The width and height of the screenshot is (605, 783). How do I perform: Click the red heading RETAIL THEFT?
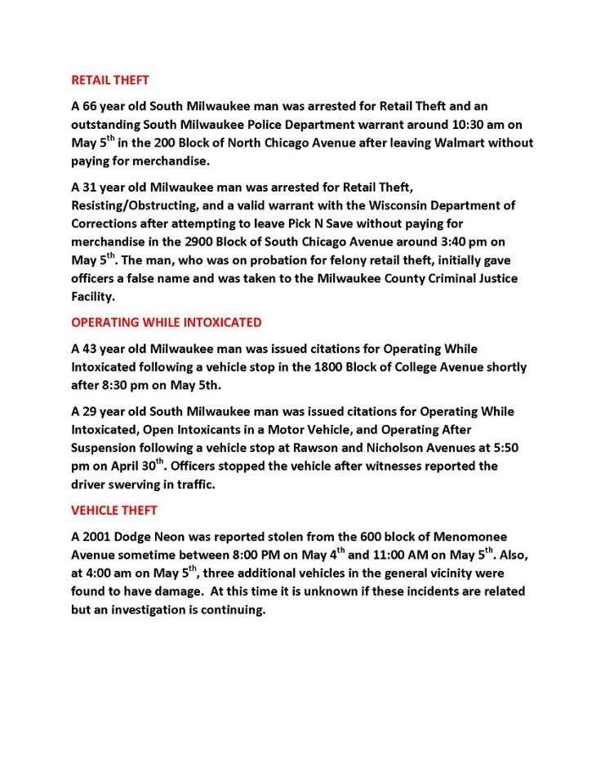110,81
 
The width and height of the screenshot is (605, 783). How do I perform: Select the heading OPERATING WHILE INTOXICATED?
167,322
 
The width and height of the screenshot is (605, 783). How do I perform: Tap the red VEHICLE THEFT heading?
114,511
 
